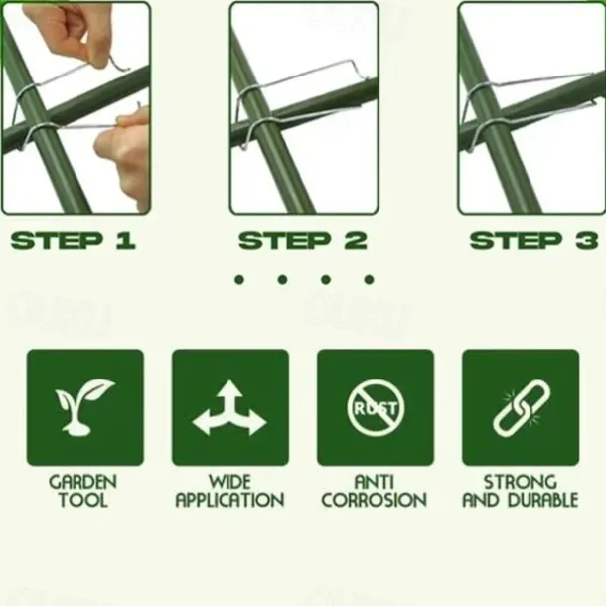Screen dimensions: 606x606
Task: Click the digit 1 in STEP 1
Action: point(126,241)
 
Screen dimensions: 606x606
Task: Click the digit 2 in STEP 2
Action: point(356,241)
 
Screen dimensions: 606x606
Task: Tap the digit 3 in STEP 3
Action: point(587,241)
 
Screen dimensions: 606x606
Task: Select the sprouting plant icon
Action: point(84,407)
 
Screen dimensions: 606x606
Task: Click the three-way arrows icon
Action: point(229,407)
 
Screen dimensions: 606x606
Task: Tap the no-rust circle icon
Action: point(376,407)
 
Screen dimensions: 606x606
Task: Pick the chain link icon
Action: point(521,408)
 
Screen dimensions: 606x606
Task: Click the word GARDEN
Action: point(83,482)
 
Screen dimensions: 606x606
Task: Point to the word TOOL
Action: point(83,500)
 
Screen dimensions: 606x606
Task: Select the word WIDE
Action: point(229,482)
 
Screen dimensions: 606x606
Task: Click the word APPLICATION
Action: point(229,500)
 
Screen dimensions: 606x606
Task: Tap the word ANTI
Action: point(375,482)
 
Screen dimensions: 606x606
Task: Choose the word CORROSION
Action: point(375,500)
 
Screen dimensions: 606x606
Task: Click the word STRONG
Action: point(521,482)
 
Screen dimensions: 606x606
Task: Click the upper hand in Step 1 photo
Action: point(68,35)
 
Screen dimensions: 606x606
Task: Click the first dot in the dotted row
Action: point(239,279)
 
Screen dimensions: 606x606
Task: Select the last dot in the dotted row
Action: point(370,279)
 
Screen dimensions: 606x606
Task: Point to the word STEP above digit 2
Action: point(285,241)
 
